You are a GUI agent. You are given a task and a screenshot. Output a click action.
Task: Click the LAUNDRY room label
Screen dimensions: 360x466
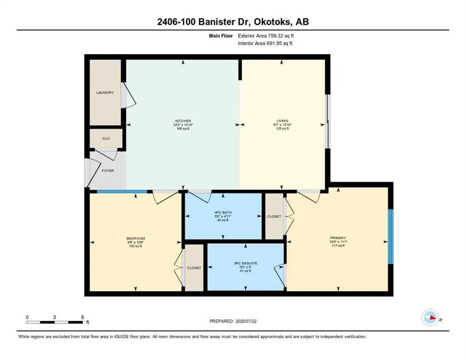(105, 92)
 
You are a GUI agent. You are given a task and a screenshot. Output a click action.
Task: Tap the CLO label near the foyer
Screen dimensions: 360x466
(106, 139)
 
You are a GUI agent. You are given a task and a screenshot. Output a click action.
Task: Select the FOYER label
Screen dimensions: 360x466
(108, 171)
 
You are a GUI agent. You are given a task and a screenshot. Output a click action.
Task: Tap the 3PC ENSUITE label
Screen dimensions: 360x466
(246, 263)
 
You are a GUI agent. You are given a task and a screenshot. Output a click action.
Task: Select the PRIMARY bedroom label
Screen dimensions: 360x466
(338, 238)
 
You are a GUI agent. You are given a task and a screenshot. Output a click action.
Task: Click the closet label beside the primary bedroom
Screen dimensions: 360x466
(274, 217)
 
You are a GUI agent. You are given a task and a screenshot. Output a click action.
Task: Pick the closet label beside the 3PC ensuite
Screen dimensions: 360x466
(194, 268)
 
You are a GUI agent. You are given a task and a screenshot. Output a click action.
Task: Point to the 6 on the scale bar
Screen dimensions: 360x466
(82, 317)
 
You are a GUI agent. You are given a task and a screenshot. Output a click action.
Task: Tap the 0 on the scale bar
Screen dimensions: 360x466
(27, 317)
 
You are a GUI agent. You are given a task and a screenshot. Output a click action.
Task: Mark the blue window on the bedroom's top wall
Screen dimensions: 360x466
(121, 191)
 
